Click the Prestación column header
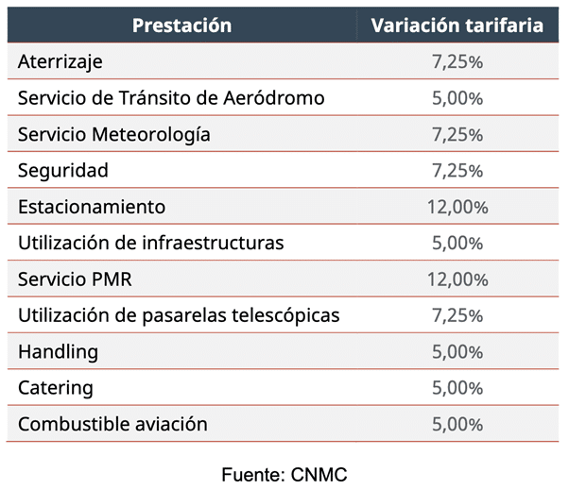181,25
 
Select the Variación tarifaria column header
457,25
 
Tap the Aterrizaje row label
60,62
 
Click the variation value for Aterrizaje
457,62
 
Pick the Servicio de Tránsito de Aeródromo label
171,98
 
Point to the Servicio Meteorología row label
114,135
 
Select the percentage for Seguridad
457,171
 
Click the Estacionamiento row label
92,207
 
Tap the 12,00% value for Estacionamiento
457,208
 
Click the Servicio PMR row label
80,279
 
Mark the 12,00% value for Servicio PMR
457,279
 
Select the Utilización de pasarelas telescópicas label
179,315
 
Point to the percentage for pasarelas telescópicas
457,315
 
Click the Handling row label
59,352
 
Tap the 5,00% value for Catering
457,388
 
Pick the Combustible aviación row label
112,424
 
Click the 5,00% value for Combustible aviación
457,424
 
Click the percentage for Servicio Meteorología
457,135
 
